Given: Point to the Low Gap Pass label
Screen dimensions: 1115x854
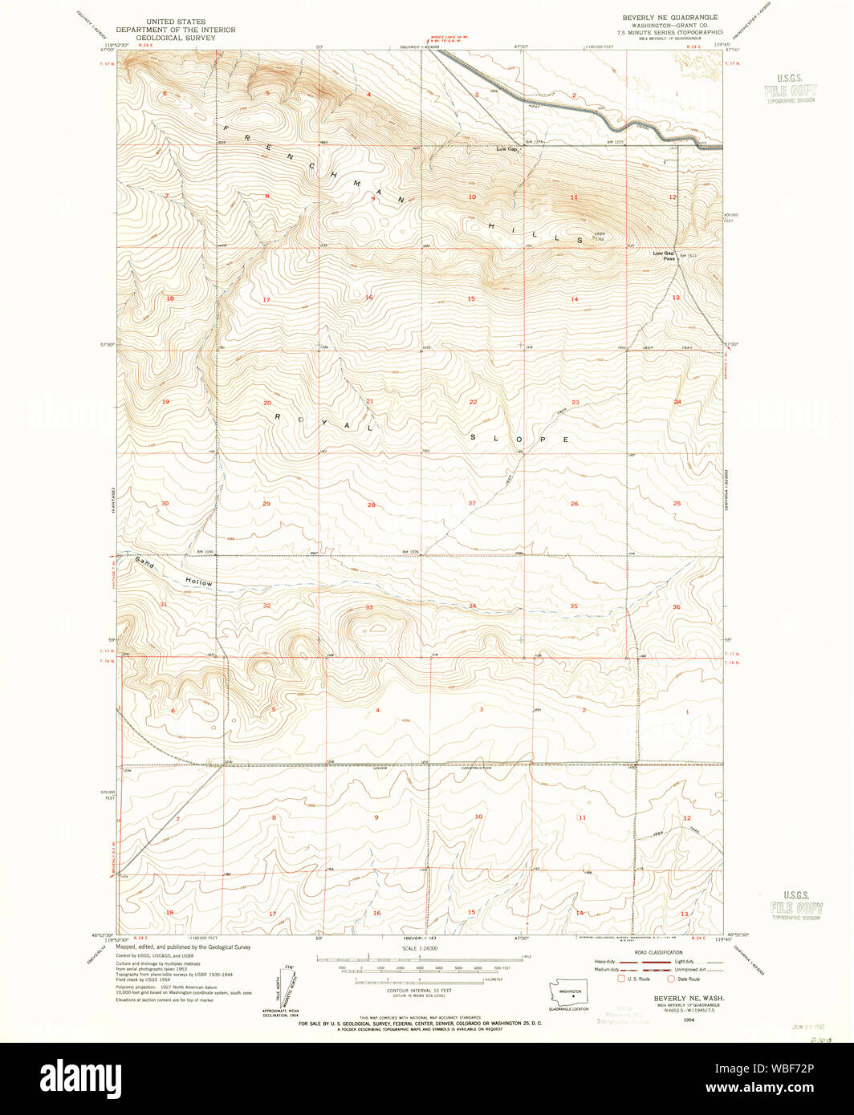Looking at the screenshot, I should [x=663, y=256].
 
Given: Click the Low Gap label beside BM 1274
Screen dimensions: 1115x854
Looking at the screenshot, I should [x=506, y=148].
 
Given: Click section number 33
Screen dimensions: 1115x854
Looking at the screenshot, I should [x=369, y=607].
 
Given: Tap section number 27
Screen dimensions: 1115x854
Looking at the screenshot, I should [x=472, y=503].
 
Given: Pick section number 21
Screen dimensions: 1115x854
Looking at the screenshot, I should [x=370, y=401].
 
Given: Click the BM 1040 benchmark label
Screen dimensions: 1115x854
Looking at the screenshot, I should [x=205, y=552].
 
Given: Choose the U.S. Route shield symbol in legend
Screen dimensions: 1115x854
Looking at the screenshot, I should [x=620, y=978].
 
